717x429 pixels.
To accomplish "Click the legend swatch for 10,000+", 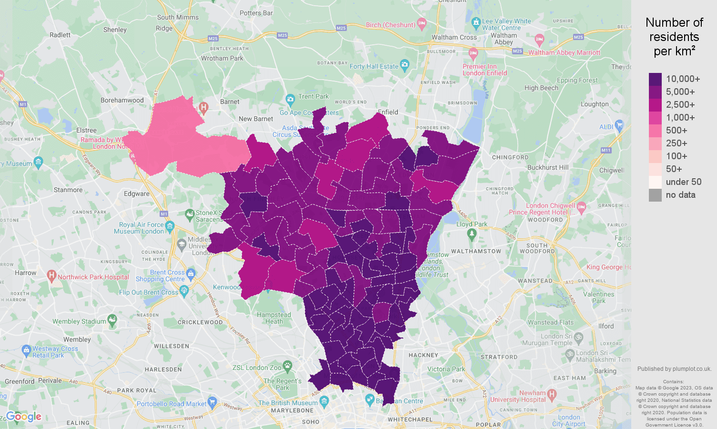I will pyautogui.click(x=655, y=79).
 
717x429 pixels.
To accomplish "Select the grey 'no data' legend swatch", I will pyautogui.click(x=655, y=195).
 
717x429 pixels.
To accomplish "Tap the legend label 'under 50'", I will pyautogui.click(x=683, y=182).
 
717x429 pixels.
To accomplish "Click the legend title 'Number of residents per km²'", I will pyautogui.click(x=674, y=37).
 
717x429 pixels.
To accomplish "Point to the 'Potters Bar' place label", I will pyautogui.click(x=256, y=13).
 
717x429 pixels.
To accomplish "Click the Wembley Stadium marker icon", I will pyautogui.click(x=112, y=320).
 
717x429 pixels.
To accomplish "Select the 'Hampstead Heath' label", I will pyautogui.click(x=273, y=318).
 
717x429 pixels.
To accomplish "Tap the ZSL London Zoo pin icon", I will pyautogui.click(x=287, y=366).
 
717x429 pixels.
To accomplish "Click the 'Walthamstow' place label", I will pyautogui.click(x=476, y=251).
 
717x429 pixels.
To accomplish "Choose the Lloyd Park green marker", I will pyautogui.click(x=472, y=234).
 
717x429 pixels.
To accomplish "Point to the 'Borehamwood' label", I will pyautogui.click(x=122, y=100).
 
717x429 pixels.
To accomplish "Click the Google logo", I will pyautogui.click(x=24, y=417).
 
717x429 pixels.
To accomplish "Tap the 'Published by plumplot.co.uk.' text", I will pyautogui.click(x=674, y=368).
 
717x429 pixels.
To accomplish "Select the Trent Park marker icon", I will pyautogui.click(x=290, y=99).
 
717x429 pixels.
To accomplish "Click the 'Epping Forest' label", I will pyautogui.click(x=577, y=80).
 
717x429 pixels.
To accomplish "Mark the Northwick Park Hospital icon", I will pyautogui.click(x=52, y=275).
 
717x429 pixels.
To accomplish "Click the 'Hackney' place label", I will pyautogui.click(x=423, y=355).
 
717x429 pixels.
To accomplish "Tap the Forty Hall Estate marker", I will pyautogui.click(x=404, y=64).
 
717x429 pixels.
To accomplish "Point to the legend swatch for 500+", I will pyautogui.click(x=655, y=131).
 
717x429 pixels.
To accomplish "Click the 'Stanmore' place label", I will pyautogui.click(x=68, y=190).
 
